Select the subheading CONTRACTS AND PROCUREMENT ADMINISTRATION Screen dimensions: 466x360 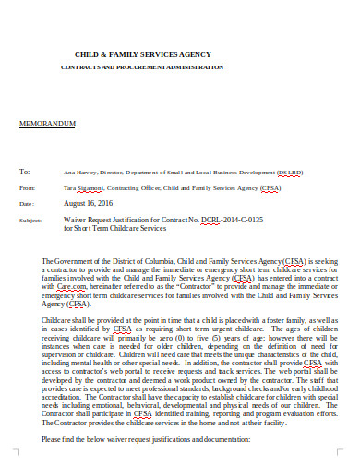tap(141, 68)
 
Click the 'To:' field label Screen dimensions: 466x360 tap(25, 172)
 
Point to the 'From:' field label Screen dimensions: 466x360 tap(27, 187)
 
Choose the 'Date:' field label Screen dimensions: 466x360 tap(26, 203)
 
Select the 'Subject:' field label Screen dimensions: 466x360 tap(30, 221)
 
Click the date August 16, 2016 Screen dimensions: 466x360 tap(90, 202)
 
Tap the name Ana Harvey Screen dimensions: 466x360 tap(78, 173)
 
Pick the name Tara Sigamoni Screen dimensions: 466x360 tap(81, 187)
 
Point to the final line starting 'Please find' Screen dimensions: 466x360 tap(146, 438)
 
